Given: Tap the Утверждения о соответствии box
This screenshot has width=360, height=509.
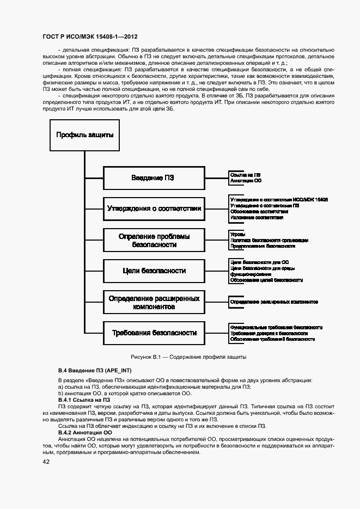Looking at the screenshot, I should point(154,208).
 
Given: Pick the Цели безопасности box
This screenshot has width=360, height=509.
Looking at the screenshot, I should point(154,271).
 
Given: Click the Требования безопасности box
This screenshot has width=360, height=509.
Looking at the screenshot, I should point(154,333).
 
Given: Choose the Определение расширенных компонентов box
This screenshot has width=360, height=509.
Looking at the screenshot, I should point(154,302).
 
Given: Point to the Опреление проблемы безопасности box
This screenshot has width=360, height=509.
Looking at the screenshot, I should point(154,240).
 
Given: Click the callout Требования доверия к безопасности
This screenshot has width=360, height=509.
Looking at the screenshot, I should point(269,333).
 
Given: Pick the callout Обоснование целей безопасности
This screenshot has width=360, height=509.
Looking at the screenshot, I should point(266,280).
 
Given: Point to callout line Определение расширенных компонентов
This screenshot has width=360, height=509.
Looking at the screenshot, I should point(274,302).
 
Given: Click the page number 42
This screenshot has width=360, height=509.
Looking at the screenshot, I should point(46,462).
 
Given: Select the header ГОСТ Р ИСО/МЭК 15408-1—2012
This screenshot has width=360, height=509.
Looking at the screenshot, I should point(90,36).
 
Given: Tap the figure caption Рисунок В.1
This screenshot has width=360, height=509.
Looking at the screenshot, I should point(188,357).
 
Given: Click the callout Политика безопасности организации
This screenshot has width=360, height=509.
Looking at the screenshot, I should point(269,240).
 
